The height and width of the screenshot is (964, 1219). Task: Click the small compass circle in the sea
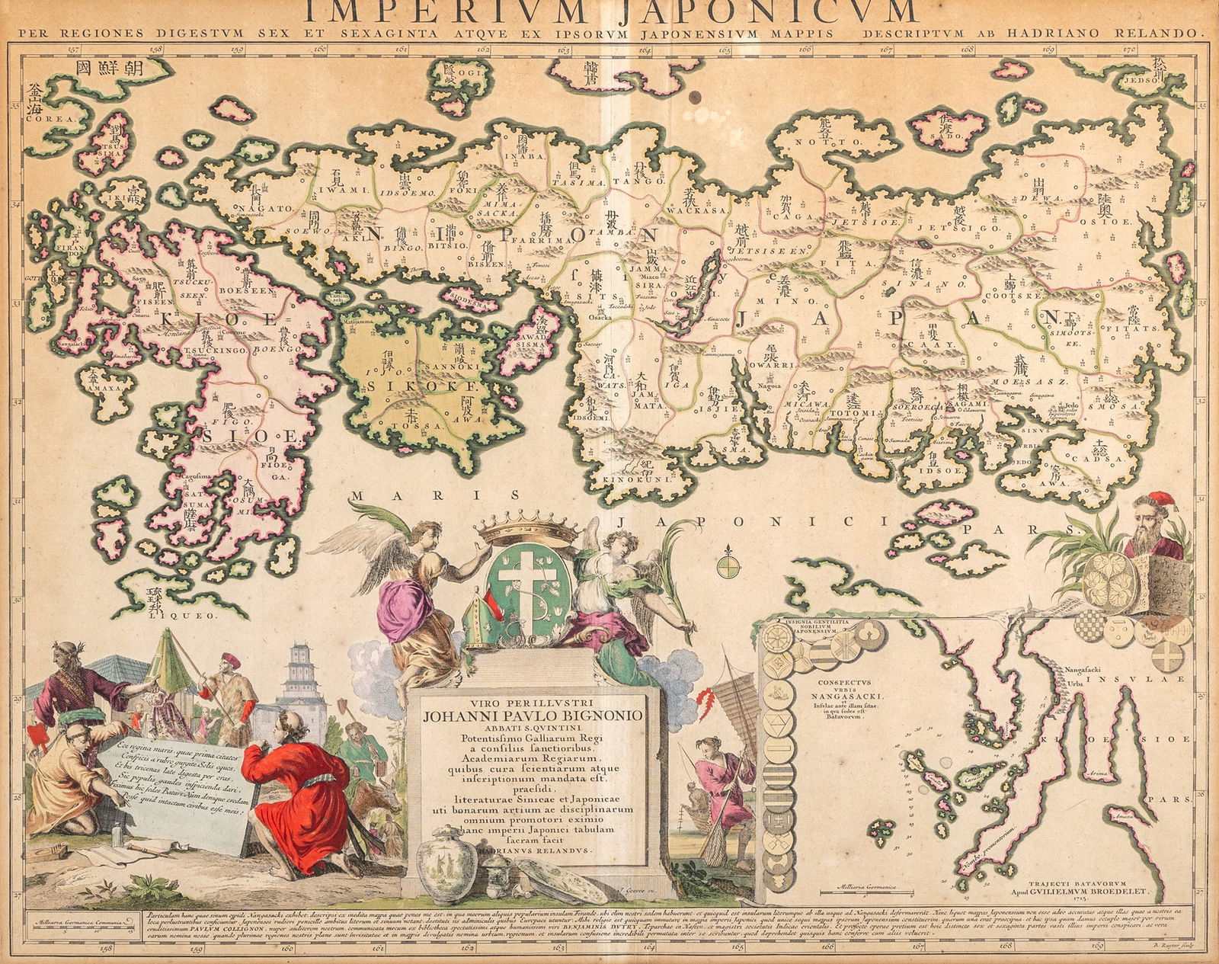[728, 565]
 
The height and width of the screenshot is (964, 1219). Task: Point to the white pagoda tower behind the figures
[304, 678]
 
